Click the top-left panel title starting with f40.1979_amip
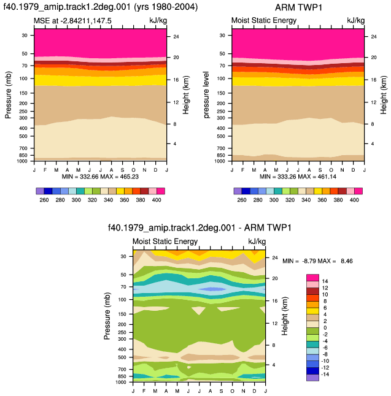click(x=101, y=7)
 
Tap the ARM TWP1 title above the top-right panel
click(x=298, y=7)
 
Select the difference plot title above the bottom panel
click(x=199, y=228)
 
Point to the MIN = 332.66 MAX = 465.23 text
click(x=100, y=177)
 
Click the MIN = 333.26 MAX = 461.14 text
click(x=298, y=177)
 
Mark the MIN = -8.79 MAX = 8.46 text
click(x=318, y=261)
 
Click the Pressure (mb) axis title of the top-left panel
click(x=8, y=95)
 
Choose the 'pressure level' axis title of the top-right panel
click(x=206, y=95)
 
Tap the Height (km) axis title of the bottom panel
click(x=285, y=316)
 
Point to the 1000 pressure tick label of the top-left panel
click(x=22, y=161)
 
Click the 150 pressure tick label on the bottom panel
click(x=122, y=314)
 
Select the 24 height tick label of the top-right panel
click(x=374, y=37)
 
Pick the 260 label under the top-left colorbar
click(x=44, y=200)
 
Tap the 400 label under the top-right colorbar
click(x=354, y=200)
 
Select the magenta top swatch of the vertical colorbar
click(x=312, y=278)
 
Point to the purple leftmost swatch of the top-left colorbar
click(x=40, y=191)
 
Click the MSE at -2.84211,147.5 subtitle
click(x=72, y=21)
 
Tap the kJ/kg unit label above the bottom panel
click(x=257, y=242)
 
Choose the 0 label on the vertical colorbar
click(x=325, y=328)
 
